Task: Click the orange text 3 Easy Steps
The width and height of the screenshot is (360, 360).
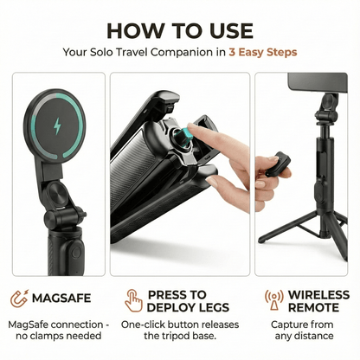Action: pyautogui.click(x=263, y=52)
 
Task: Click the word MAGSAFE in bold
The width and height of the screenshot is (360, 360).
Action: pyautogui.click(x=61, y=299)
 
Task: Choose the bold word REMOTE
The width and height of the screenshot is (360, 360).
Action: pyautogui.click(x=312, y=306)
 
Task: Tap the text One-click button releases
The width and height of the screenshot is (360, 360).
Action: pyautogui.click(x=179, y=324)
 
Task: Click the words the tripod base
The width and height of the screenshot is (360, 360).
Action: pyautogui.click(x=179, y=337)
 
